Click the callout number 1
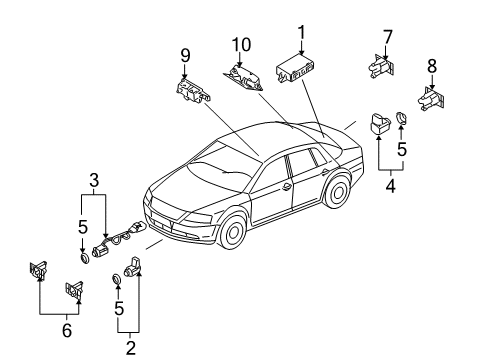click(x=301, y=32)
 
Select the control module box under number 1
click(x=295, y=69)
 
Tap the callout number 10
click(x=241, y=45)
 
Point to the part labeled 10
click(x=243, y=78)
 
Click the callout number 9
click(x=185, y=55)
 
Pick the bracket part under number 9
click(x=193, y=90)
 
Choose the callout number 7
click(x=387, y=37)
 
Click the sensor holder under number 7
click(x=381, y=67)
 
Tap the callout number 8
click(x=432, y=66)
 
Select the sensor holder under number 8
click(x=431, y=99)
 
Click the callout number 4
click(x=390, y=186)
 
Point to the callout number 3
click(x=94, y=180)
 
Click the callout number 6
click(x=67, y=330)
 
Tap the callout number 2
click(x=130, y=348)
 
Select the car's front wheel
click(x=234, y=232)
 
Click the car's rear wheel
click(x=338, y=192)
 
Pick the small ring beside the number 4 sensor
click(x=401, y=118)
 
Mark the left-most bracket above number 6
click(x=38, y=270)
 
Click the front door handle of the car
click(x=287, y=187)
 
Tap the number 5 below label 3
click(x=83, y=227)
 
